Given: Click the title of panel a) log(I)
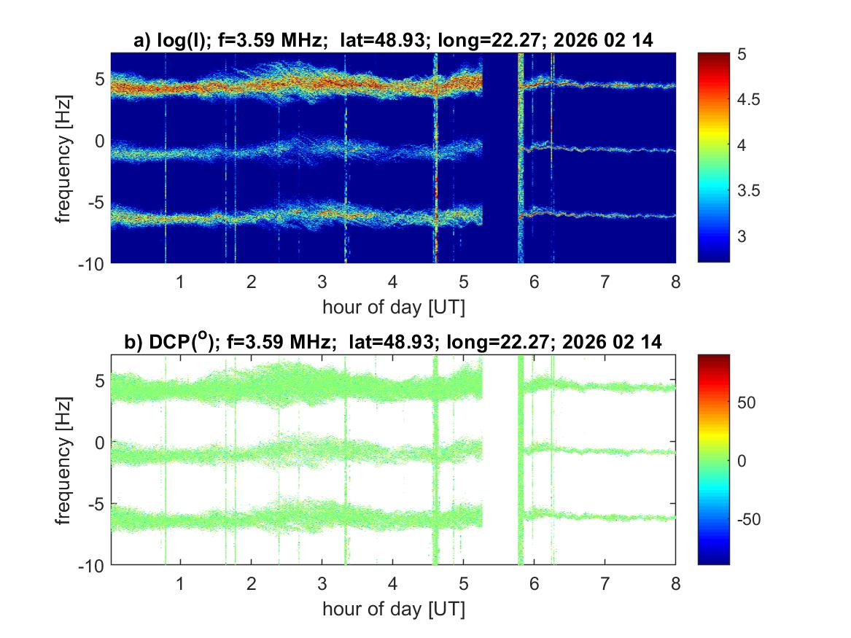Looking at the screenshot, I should point(393,42).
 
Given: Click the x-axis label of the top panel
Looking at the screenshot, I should point(393,306).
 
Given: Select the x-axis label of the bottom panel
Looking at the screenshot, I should point(393,608).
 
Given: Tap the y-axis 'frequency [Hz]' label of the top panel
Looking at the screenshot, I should point(66,157).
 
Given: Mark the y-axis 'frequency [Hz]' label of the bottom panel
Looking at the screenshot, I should point(66,459).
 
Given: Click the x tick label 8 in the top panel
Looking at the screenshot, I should point(675,281).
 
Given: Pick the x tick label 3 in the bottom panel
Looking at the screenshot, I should point(322,583).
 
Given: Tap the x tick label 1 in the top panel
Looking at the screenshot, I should point(181,281).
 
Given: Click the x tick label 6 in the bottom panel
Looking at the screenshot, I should point(535,583).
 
